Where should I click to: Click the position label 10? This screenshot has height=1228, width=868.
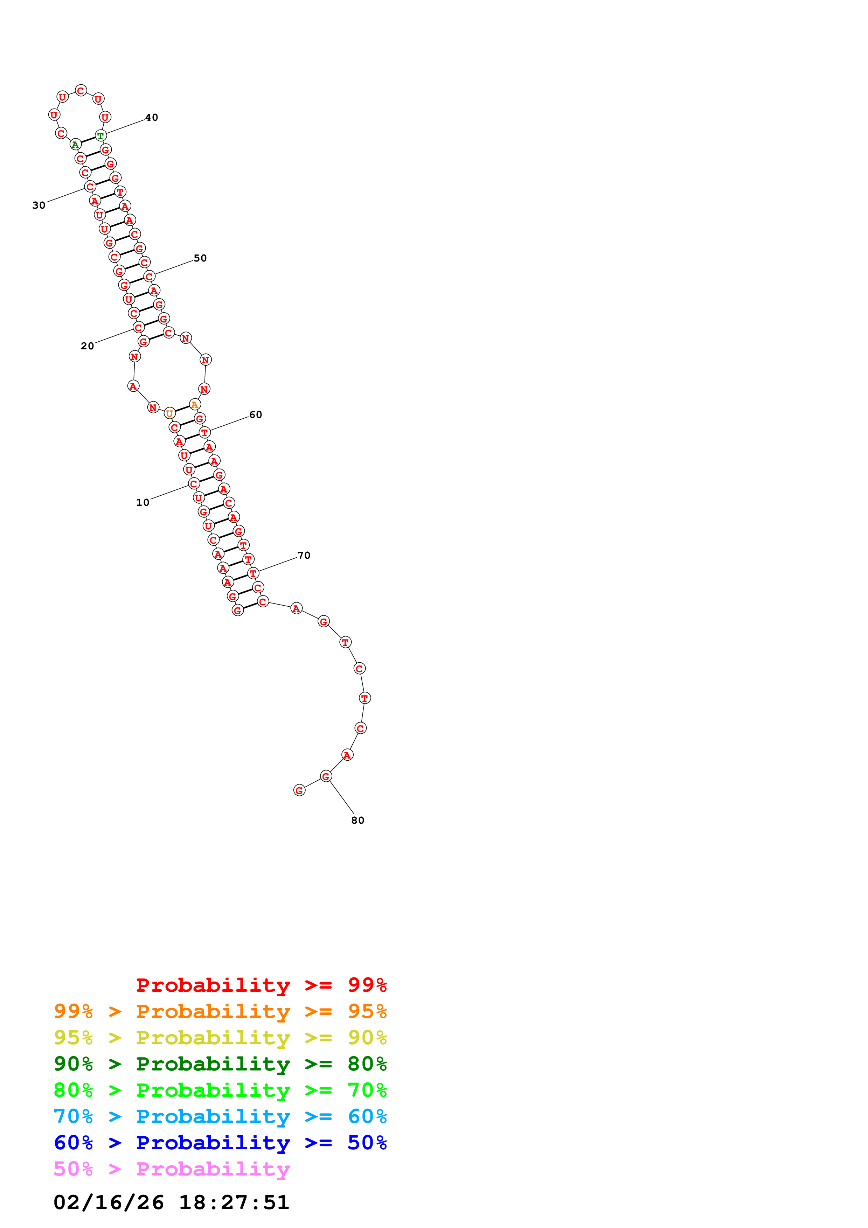(x=142, y=502)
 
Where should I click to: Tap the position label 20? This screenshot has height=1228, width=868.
(x=87, y=346)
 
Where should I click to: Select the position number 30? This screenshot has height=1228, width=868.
(x=39, y=205)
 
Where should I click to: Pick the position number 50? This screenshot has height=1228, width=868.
(x=200, y=258)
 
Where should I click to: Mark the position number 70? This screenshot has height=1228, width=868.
(x=304, y=555)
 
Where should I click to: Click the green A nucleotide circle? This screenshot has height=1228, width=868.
(x=75, y=145)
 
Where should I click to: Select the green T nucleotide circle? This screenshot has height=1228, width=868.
(x=100, y=136)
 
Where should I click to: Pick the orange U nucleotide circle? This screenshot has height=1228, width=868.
(x=169, y=413)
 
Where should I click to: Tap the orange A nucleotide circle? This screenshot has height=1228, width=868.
(x=195, y=405)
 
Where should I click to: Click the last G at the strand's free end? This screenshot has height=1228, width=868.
(x=299, y=790)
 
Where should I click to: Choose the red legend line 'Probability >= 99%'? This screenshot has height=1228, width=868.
(x=261, y=985)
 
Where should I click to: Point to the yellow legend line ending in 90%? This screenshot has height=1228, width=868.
(x=220, y=1037)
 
